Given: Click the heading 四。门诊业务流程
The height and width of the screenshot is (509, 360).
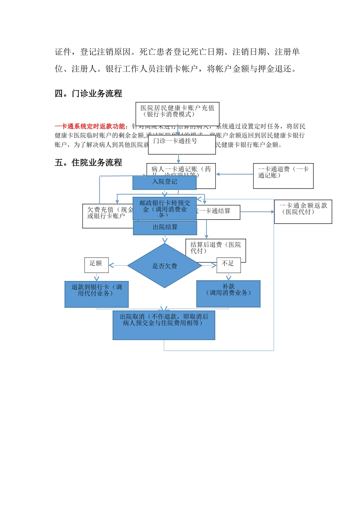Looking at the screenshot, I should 88,94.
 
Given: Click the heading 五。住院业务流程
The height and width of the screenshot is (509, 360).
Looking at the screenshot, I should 88,162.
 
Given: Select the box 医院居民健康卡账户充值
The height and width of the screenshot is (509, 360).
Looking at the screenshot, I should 177,111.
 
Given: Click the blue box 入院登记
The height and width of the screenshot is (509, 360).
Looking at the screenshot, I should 164,182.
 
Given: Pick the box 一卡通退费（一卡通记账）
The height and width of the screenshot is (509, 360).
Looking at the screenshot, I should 283,176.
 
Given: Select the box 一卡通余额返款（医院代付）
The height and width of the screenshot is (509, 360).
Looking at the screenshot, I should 303,212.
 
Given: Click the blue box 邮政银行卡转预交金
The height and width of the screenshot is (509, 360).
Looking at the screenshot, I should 164,208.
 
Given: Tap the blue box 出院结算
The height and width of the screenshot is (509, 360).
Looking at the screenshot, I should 165,228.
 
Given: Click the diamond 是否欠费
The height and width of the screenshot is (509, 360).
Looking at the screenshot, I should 164,266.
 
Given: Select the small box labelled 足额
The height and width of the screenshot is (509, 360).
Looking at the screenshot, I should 96,265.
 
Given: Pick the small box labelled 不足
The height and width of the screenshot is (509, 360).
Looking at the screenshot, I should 229,265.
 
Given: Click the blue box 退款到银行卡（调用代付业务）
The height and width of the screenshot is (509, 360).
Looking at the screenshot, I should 97,294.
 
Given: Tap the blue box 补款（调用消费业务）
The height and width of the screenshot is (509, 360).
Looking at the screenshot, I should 228,294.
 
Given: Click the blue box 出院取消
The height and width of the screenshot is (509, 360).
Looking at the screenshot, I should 164,325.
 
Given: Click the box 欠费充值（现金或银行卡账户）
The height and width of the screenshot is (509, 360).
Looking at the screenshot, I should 107,215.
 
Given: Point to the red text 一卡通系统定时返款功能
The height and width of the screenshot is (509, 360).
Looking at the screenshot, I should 89,126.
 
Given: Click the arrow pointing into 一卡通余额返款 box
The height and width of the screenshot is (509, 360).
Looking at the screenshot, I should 258,212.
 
